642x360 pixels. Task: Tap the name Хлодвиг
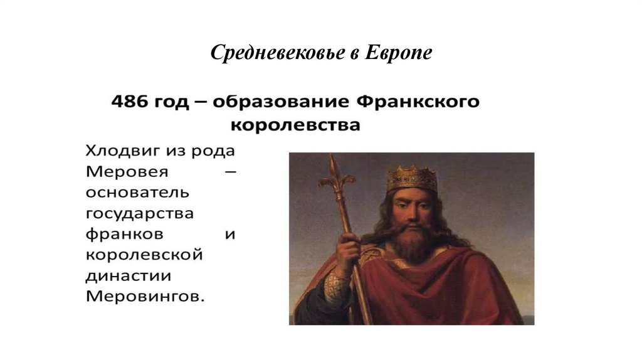[x=118, y=151]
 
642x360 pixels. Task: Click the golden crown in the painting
[x=411, y=178]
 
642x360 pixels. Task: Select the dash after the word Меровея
[x=229, y=172]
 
